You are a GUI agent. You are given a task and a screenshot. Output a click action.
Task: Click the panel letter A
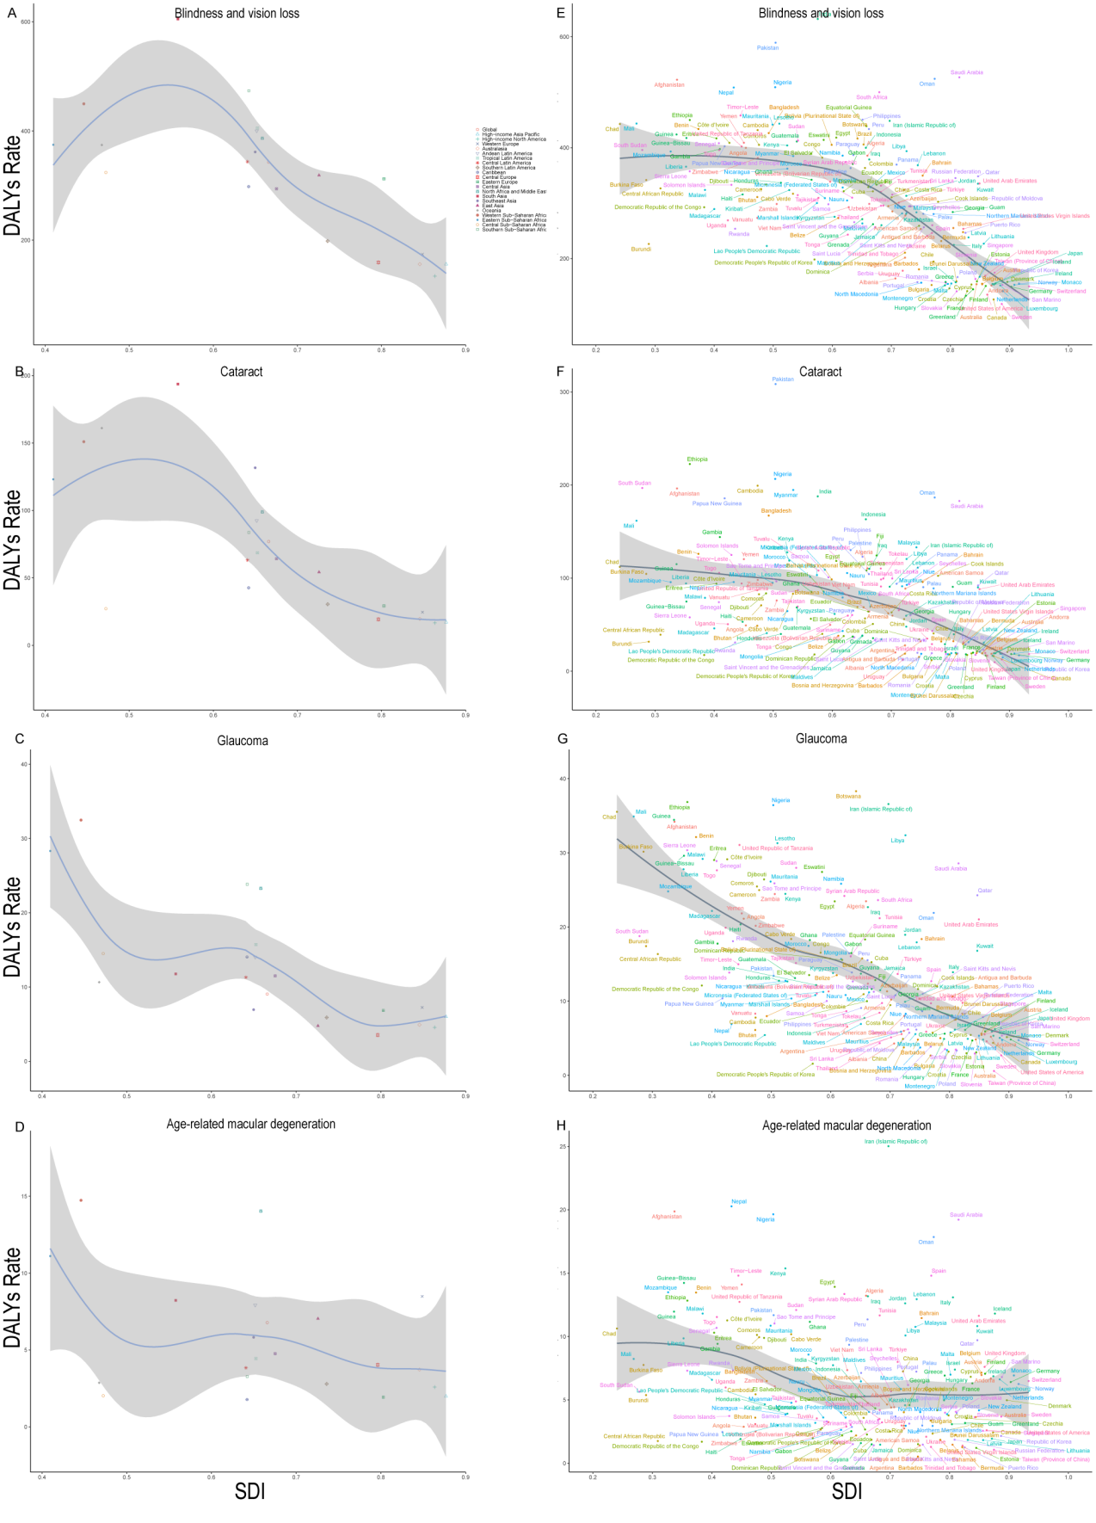12,12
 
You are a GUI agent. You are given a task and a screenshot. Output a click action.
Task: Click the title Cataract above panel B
241,372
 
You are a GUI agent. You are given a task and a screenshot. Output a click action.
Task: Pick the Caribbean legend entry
494,172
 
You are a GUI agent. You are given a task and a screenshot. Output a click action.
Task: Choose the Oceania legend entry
493,210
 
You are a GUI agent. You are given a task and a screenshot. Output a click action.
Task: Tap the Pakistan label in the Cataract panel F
783,379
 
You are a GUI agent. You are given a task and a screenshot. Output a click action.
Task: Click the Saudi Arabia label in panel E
966,73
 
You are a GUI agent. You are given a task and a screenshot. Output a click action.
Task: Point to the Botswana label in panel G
847,797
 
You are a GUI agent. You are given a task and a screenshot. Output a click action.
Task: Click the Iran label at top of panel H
896,1141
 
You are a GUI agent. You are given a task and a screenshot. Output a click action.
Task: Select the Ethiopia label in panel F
697,459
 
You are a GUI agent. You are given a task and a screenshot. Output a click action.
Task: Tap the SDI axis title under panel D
249,1491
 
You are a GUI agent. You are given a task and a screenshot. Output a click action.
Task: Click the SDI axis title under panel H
847,1491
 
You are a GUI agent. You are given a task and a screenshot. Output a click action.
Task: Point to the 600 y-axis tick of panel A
27,22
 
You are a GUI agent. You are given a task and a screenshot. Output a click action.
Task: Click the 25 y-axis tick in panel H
563,1147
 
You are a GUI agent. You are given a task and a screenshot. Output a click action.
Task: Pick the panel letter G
563,738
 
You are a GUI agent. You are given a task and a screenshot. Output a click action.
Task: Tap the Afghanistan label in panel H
666,1217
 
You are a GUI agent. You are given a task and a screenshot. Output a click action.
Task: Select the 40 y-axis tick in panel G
563,779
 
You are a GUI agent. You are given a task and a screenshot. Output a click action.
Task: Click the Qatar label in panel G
984,891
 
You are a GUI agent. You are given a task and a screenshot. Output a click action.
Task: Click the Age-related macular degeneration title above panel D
250,1124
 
